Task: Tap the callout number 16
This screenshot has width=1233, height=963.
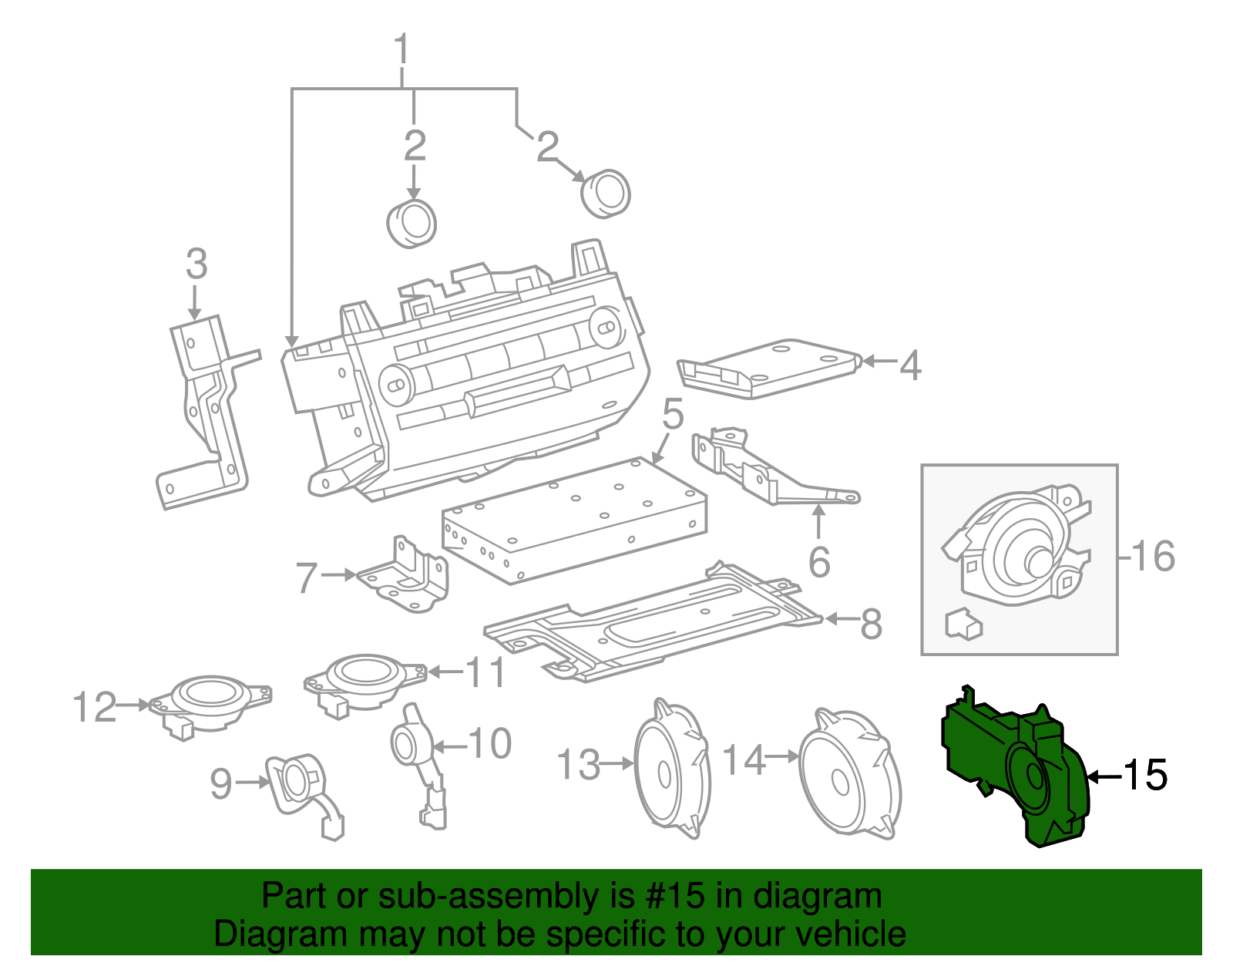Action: (1153, 556)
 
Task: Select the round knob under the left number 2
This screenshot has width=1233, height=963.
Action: (412, 224)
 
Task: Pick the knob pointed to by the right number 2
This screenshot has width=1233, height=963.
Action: (606, 194)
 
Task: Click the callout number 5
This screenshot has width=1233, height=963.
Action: (673, 414)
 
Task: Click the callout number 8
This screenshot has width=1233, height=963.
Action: (871, 624)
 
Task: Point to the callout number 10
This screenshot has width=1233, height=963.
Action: (490, 743)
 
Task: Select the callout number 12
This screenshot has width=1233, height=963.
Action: (94, 706)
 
